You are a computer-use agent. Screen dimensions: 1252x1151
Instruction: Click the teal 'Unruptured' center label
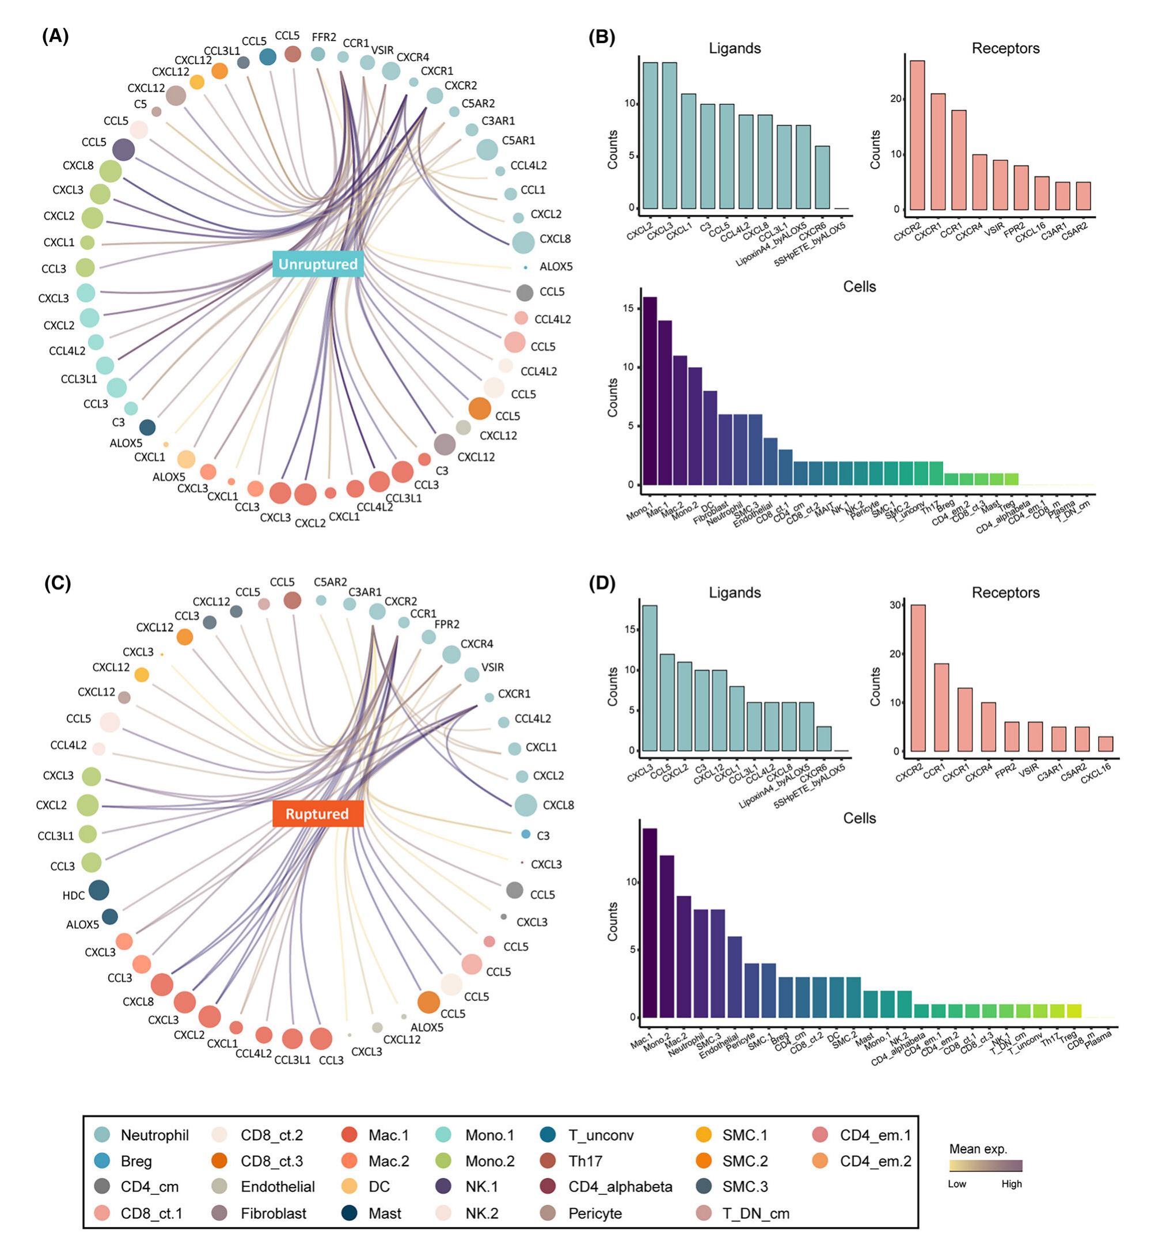(x=318, y=264)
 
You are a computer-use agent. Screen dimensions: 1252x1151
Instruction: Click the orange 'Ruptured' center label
(x=317, y=814)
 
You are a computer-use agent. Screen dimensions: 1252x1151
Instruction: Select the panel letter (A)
(x=55, y=36)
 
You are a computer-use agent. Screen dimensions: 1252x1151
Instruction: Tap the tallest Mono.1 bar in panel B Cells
(x=649, y=391)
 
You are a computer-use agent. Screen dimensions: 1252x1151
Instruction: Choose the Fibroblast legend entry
(x=273, y=1213)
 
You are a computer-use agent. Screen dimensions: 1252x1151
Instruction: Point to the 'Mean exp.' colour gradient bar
(x=985, y=1166)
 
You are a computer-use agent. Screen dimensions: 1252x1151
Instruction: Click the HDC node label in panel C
(x=74, y=895)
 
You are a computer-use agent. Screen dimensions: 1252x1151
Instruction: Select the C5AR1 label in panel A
(x=518, y=141)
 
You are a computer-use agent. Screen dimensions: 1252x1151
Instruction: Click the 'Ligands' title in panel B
(x=735, y=48)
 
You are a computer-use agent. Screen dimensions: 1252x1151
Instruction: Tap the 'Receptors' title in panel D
(x=1005, y=593)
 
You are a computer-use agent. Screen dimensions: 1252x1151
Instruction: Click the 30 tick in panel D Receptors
(x=895, y=605)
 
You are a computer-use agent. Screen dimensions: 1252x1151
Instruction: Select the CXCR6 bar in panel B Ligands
(x=822, y=177)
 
